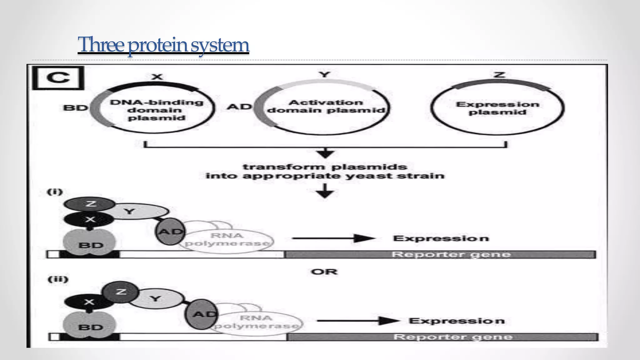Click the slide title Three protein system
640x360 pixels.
[163, 45]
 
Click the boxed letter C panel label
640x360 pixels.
[58, 78]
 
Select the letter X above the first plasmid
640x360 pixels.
[157, 77]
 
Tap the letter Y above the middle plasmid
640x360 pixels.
[325, 74]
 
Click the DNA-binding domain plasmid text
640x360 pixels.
[156, 110]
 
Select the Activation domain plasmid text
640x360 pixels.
[326, 107]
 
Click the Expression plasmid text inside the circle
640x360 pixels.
[497, 108]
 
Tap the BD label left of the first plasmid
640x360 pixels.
[75, 108]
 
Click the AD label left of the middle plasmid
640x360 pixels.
[239, 107]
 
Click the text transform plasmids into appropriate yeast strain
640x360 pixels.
[325, 171]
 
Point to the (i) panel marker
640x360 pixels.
[55, 192]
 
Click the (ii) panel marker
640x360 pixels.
[58, 279]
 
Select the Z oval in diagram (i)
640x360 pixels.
[90, 204]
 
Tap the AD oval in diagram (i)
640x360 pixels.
[170, 232]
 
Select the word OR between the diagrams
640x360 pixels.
[324, 272]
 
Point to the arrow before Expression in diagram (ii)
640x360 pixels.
[358, 321]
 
